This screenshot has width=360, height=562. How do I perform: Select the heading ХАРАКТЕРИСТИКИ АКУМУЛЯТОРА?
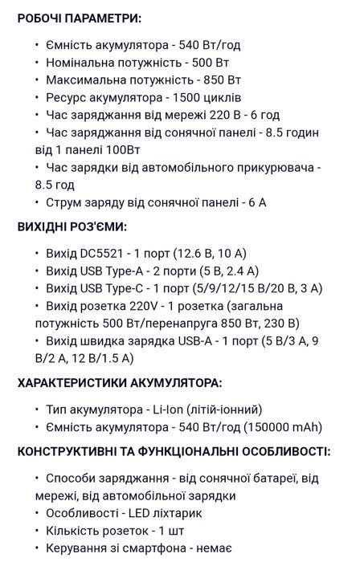(120, 383)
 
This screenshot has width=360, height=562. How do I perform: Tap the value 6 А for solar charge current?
(256, 202)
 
